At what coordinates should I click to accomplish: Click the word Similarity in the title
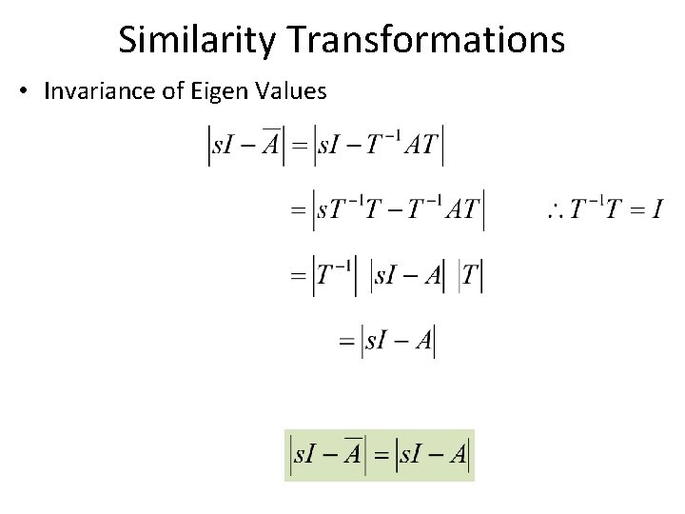pyautogui.click(x=197, y=40)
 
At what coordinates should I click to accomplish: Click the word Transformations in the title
pyautogui.click(x=425, y=40)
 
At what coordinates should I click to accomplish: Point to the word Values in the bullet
pyautogui.click(x=288, y=91)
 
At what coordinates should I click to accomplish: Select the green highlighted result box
pyautogui.click(x=379, y=455)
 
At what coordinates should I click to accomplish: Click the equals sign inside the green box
pyautogui.click(x=381, y=456)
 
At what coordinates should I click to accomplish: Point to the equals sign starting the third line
pyautogui.click(x=299, y=276)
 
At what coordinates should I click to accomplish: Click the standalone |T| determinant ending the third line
pyautogui.click(x=471, y=276)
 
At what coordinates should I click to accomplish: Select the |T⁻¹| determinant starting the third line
pyautogui.click(x=335, y=276)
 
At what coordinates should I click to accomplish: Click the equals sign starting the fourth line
pyautogui.click(x=346, y=340)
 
